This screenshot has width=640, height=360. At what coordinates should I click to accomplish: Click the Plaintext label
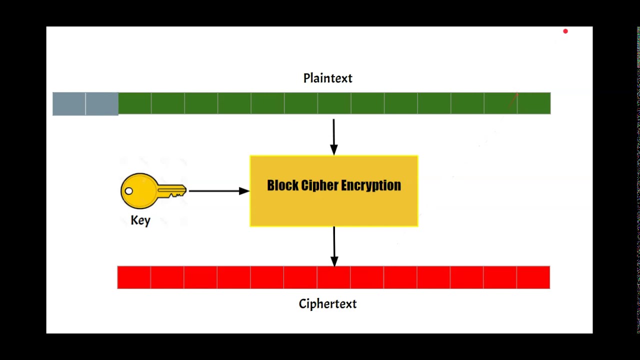(327, 78)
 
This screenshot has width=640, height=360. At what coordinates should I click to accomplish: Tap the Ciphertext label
(327, 303)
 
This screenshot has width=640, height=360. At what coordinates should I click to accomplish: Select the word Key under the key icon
(140, 220)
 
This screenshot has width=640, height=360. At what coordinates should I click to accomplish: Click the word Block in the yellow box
(282, 185)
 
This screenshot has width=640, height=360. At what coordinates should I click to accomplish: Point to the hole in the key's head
(129, 191)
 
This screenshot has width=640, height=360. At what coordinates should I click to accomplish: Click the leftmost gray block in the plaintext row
(69, 104)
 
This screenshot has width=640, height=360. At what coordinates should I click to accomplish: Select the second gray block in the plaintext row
(102, 104)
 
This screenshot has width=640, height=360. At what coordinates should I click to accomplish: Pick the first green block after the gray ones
(135, 103)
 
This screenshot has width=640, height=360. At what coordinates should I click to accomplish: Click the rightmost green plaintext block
(534, 103)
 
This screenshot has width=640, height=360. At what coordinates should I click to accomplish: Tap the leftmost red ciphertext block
(134, 277)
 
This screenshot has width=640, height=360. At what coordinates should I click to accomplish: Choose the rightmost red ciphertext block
(533, 277)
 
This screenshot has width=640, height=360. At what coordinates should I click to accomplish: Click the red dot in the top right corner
(565, 31)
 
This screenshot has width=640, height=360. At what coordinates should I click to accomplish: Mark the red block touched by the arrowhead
(333, 277)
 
